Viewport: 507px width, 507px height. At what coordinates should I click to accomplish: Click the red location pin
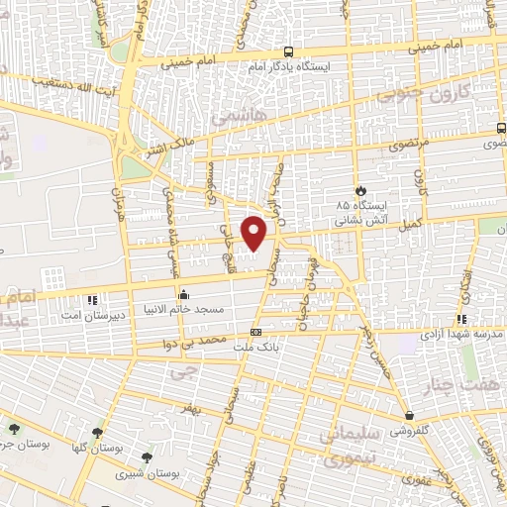[255, 233]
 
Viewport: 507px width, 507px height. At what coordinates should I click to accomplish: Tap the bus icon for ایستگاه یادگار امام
[288, 51]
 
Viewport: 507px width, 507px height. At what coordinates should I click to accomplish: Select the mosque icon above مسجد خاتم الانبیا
[183, 294]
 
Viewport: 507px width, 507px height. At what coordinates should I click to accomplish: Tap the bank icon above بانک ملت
[256, 332]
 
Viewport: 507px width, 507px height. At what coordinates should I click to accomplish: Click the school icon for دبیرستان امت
[92, 299]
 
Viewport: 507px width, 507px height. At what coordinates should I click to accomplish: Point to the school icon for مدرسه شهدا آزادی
[461, 319]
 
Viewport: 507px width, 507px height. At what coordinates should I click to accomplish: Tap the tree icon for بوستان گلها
[97, 432]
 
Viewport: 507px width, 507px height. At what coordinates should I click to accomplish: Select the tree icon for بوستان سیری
[147, 457]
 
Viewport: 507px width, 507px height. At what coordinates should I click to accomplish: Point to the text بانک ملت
[259, 348]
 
